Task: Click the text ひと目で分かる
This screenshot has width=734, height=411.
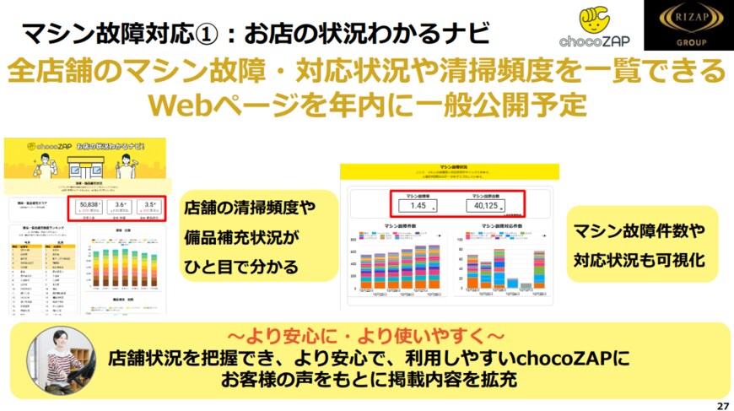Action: [240, 268]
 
